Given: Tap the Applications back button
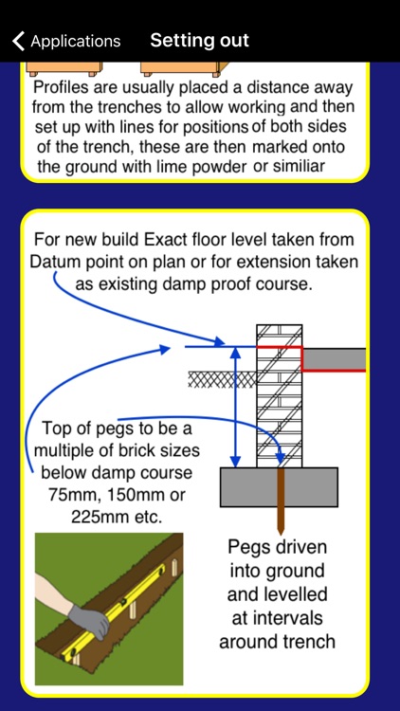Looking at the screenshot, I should [66, 41].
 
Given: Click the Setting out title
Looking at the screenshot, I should [199, 41].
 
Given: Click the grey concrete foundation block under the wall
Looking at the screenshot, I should [279, 486].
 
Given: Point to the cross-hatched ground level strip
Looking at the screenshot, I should [222, 379].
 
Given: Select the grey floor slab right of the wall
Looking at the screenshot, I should [335, 358].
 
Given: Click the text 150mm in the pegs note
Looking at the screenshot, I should [144, 494].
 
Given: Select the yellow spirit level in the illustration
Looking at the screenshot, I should [123, 607].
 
